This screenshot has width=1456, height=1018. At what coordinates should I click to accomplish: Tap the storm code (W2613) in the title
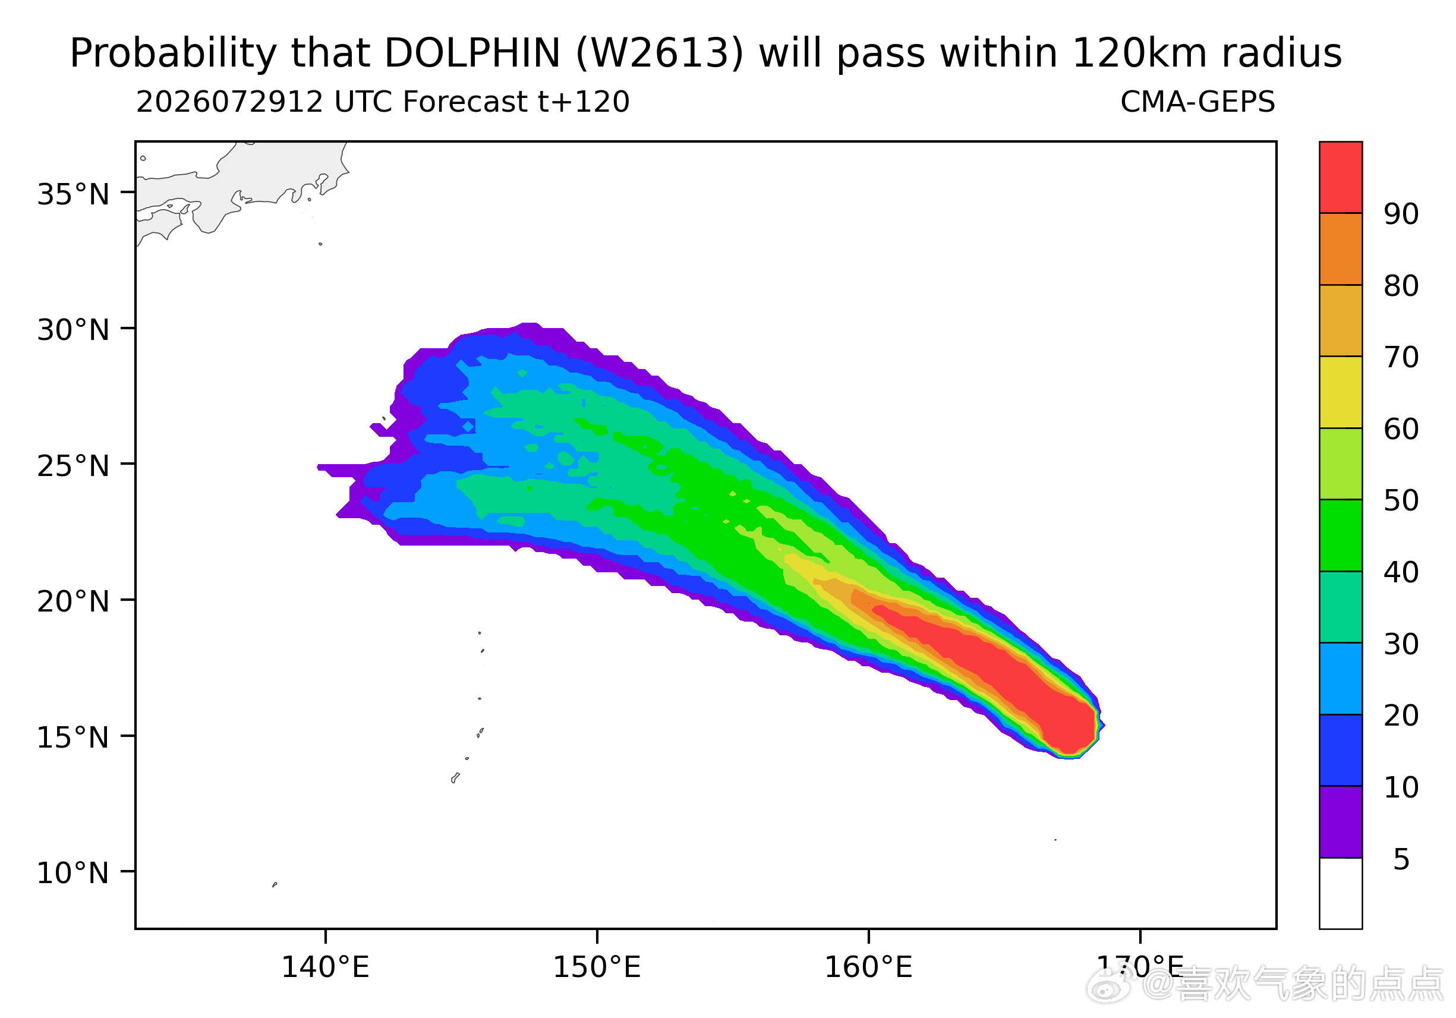[660, 53]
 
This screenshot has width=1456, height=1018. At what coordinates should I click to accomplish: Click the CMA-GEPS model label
[1197, 102]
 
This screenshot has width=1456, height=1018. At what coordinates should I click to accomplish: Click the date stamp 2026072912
[229, 102]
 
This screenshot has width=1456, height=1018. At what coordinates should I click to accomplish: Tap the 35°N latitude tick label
[73, 194]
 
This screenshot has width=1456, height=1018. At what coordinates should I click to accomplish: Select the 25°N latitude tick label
[73, 466]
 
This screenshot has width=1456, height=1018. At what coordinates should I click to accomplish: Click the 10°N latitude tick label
[73, 874]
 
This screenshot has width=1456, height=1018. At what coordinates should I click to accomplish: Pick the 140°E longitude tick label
[324, 968]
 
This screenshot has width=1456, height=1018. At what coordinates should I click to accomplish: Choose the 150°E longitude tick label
[597, 968]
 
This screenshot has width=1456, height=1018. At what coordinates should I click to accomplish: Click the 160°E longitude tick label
[868, 968]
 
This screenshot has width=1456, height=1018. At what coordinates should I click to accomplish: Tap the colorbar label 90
[1401, 215]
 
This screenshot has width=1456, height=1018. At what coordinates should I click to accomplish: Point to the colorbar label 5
[1401, 859]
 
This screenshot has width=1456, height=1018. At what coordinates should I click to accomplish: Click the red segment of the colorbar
[1341, 177]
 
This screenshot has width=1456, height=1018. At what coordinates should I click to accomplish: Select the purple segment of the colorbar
[1341, 822]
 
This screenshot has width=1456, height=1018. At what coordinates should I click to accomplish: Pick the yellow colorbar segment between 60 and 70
[1341, 392]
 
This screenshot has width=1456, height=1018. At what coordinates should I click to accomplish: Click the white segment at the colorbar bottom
[1341, 894]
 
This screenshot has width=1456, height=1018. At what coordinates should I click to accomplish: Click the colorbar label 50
[1401, 500]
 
